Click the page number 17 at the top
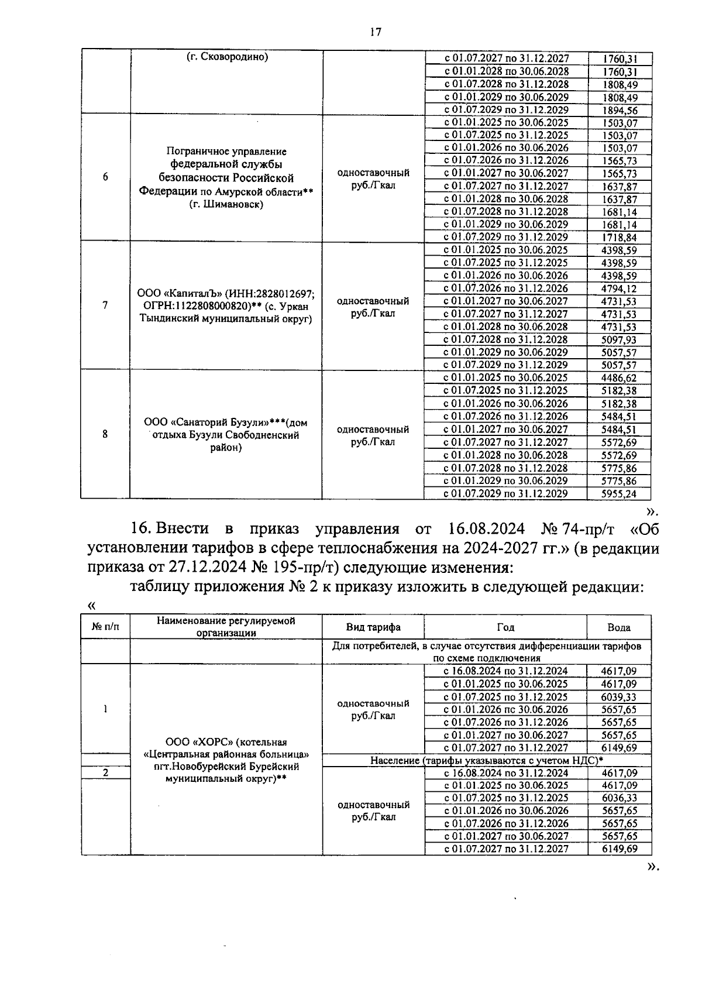pos(375,32)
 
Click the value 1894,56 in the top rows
pos(619,110)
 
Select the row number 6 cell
pos(105,177)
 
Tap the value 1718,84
pos(619,238)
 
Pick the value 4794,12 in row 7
pos(619,289)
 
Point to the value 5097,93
pos(619,340)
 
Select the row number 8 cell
pos(105,434)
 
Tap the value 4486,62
pos(619,378)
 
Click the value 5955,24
pos(619,493)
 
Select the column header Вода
pos(619,627)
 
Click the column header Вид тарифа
pos(373,627)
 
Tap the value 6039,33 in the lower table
pos(619,697)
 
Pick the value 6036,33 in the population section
pos(619,798)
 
